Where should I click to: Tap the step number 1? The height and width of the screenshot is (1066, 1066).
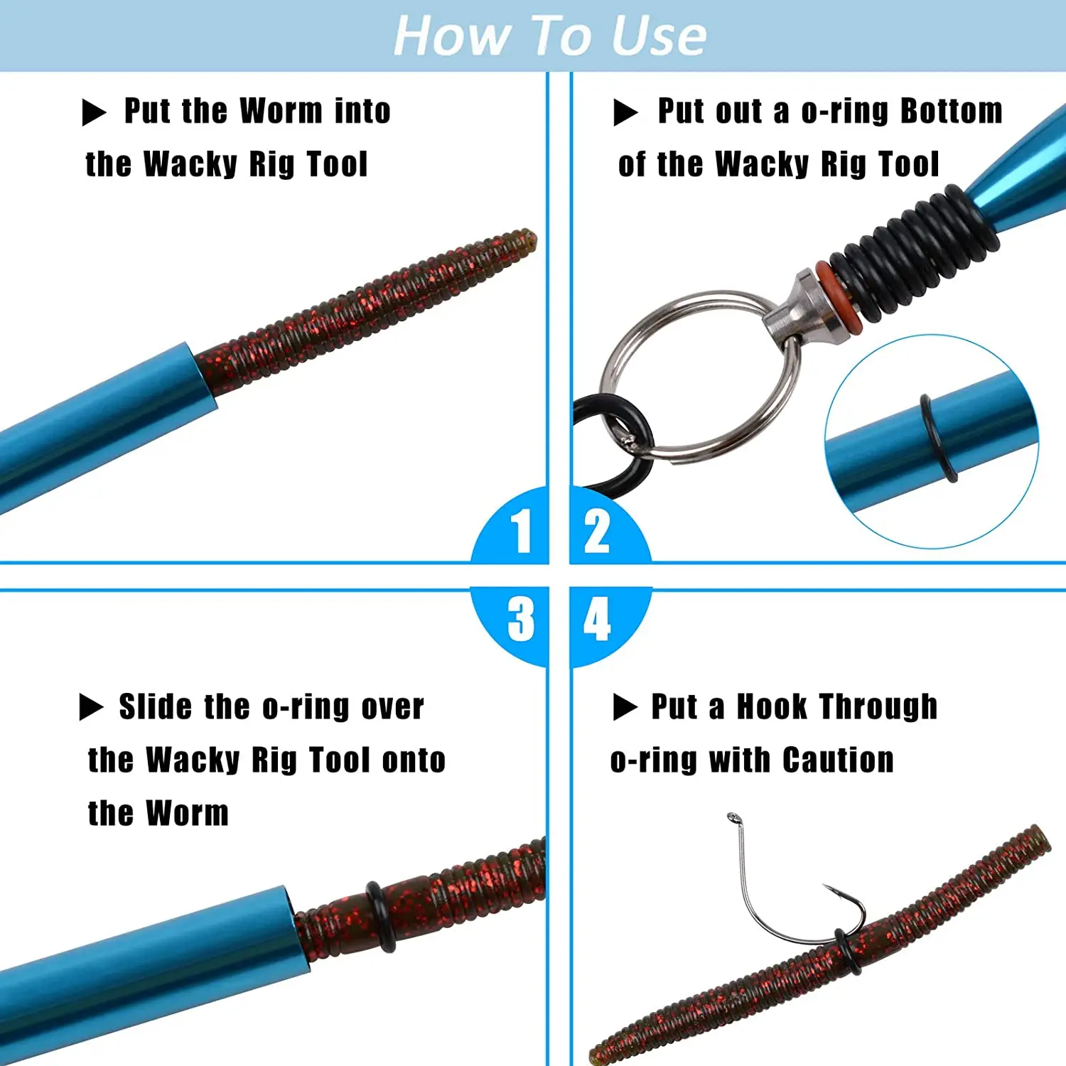tap(523, 530)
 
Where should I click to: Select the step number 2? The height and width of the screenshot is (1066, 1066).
tap(596, 530)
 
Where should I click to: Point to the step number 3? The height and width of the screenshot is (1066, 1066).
tap(521, 619)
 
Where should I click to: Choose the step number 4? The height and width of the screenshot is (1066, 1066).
tap(597, 619)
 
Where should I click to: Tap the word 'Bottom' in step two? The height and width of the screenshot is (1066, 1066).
tap(952, 111)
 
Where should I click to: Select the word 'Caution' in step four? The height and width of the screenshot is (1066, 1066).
tap(838, 760)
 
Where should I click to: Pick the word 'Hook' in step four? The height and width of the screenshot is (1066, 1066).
tap(771, 706)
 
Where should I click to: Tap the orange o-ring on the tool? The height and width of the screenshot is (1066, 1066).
tap(839, 299)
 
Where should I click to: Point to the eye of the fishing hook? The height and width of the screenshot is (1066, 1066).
tap(734, 819)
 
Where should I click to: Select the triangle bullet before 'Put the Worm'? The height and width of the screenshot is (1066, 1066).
tap(93, 112)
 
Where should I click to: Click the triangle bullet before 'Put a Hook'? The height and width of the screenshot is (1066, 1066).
tap(624, 707)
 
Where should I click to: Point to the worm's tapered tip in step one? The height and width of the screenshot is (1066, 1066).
tap(529, 237)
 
